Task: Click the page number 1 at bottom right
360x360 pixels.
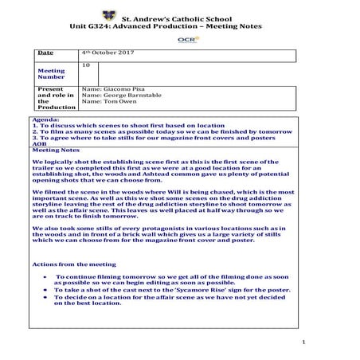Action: click(303, 341)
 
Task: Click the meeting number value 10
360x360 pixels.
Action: click(86, 63)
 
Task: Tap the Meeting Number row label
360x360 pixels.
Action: click(51, 74)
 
